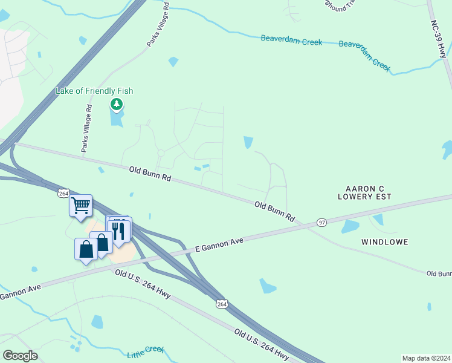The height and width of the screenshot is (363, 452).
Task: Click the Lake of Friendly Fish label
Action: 94,91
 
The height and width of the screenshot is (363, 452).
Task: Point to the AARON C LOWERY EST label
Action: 365,192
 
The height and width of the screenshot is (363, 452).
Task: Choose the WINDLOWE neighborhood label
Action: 384,242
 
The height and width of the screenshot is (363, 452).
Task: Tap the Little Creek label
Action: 146,352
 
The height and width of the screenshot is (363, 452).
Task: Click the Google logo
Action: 21,356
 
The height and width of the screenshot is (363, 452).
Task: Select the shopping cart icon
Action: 80,206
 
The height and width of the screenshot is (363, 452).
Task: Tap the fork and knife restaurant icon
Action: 119,231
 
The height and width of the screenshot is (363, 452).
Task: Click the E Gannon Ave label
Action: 219,244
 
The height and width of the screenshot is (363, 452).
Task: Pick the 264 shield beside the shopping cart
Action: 64,193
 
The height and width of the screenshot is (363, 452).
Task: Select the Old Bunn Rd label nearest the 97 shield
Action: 274,211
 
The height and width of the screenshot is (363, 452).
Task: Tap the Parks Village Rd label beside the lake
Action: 88,128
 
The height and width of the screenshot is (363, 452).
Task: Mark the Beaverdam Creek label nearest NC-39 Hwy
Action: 364,54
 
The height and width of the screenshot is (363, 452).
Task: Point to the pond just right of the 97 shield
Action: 350,227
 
